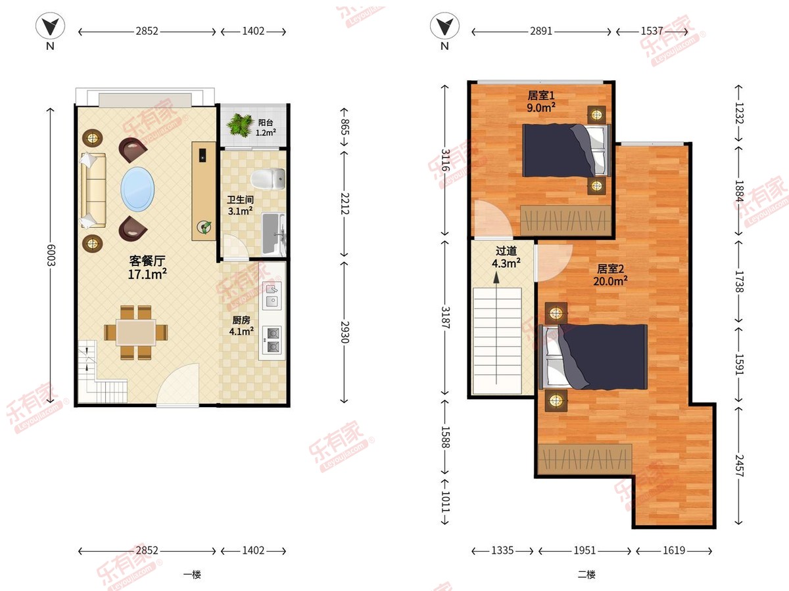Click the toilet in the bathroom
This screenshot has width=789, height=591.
pos(268,179)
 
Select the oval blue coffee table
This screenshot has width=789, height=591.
pos(137,188)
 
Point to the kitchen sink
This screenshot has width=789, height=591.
pos(272,295)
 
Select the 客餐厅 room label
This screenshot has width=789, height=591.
pos(147,261)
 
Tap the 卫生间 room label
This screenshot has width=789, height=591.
pos(240,200)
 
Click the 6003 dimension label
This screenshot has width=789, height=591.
pos(51,255)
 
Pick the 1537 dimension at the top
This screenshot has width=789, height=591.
pos(652,32)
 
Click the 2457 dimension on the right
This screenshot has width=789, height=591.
pos(738,466)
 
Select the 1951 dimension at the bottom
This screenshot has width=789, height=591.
pos(585,550)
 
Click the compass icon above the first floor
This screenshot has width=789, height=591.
pos(51,26)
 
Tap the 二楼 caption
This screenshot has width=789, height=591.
pos(586,575)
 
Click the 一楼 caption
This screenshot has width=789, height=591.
pos(192,575)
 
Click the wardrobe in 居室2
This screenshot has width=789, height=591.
pos(585,459)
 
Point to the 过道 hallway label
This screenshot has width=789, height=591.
pos(506,251)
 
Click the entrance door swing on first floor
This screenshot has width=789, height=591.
pos(178,385)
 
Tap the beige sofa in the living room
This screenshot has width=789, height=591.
pos(93,190)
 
